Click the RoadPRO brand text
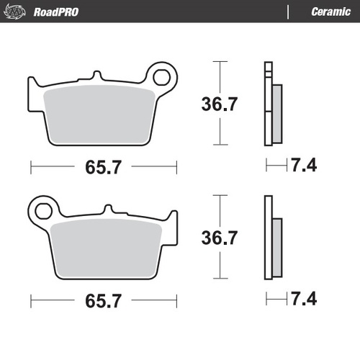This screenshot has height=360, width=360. pyautogui.click(x=56, y=12)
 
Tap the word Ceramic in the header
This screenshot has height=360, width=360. pyautogui.click(x=330, y=12)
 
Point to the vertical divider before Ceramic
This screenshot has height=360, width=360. pyautogui.click(x=288, y=12)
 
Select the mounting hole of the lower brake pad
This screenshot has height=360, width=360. pyautogui.click(x=42, y=210)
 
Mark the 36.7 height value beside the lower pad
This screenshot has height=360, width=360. pyautogui.click(x=219, y=237)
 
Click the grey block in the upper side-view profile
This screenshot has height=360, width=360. pyautogui.click(x=277, y=113)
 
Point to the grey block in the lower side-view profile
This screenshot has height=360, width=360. pyautogui.click(x=277, y=247)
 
